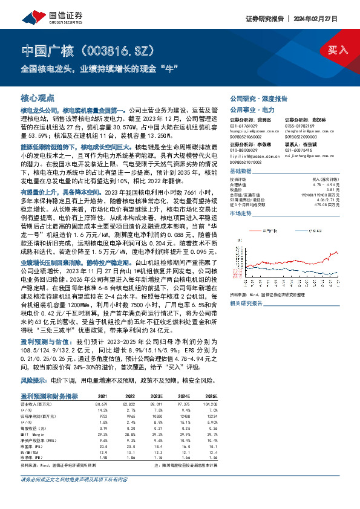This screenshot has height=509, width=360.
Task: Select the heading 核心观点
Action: click(x=38, y=97)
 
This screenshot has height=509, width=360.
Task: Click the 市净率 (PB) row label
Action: click(x=33, y=458)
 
